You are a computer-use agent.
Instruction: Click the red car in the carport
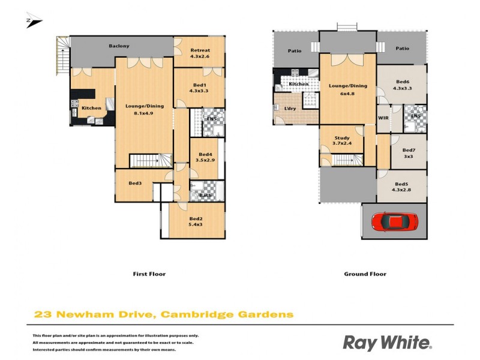click(x=394, y=222)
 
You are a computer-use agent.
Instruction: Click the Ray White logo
click(x=387, y=343)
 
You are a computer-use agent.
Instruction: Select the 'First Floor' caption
click(x=149, y=274)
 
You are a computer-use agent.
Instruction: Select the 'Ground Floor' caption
click(x=365, y=274)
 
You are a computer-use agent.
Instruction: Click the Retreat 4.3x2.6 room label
click(x=199, y=53)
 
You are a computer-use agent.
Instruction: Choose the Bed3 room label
click(x=135, y=183)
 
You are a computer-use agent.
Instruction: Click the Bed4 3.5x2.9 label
click(x=205, y=158)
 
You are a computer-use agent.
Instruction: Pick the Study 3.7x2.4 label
click(x=341, y=141)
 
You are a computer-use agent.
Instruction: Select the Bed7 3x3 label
click(x=409, y=153)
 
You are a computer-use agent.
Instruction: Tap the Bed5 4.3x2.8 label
click(x=402, y=187)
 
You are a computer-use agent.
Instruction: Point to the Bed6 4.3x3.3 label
click(x=402, y=85)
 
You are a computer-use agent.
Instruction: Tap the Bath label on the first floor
click(x=205, y=195)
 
